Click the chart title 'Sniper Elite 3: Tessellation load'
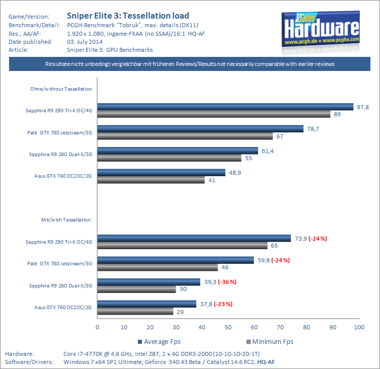pos(128,16)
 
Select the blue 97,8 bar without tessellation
pos(225,106)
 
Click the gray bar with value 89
pos(214,114)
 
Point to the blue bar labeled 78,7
pos(200,129)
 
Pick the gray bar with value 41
pos(151,180)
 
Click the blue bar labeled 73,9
pos(194,238)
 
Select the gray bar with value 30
pos(136,289)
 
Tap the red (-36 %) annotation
pos(227,281)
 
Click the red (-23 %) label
pos(223,304)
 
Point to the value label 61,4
pos(267,151)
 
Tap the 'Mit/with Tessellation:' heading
pos(66,220)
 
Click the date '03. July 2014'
pos(85,42)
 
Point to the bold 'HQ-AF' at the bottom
pos(266,362)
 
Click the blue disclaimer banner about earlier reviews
pos(190,64)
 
